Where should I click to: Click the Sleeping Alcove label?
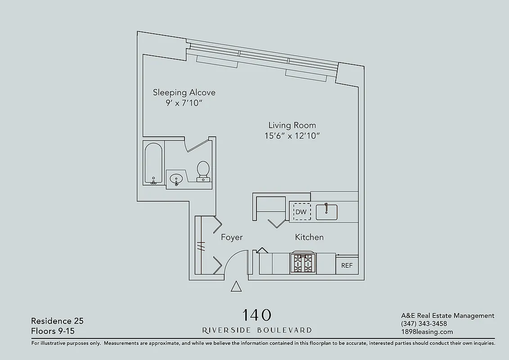point(184,93)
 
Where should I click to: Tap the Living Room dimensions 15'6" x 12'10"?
point(292,136)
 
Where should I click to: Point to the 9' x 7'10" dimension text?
point(184,103)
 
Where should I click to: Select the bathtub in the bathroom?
point(153,164)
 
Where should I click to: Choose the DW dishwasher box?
point(302,212)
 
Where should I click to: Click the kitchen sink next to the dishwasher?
point(327,212)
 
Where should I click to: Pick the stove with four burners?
point(303,263)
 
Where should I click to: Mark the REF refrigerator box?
point(347,265)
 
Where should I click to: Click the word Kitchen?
point(309,237)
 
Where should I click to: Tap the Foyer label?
point(232,238)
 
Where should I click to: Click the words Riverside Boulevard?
point(257,330)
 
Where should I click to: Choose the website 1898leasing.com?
point(427,332)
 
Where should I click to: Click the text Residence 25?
point(57,321)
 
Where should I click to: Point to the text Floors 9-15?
point(53,331)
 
